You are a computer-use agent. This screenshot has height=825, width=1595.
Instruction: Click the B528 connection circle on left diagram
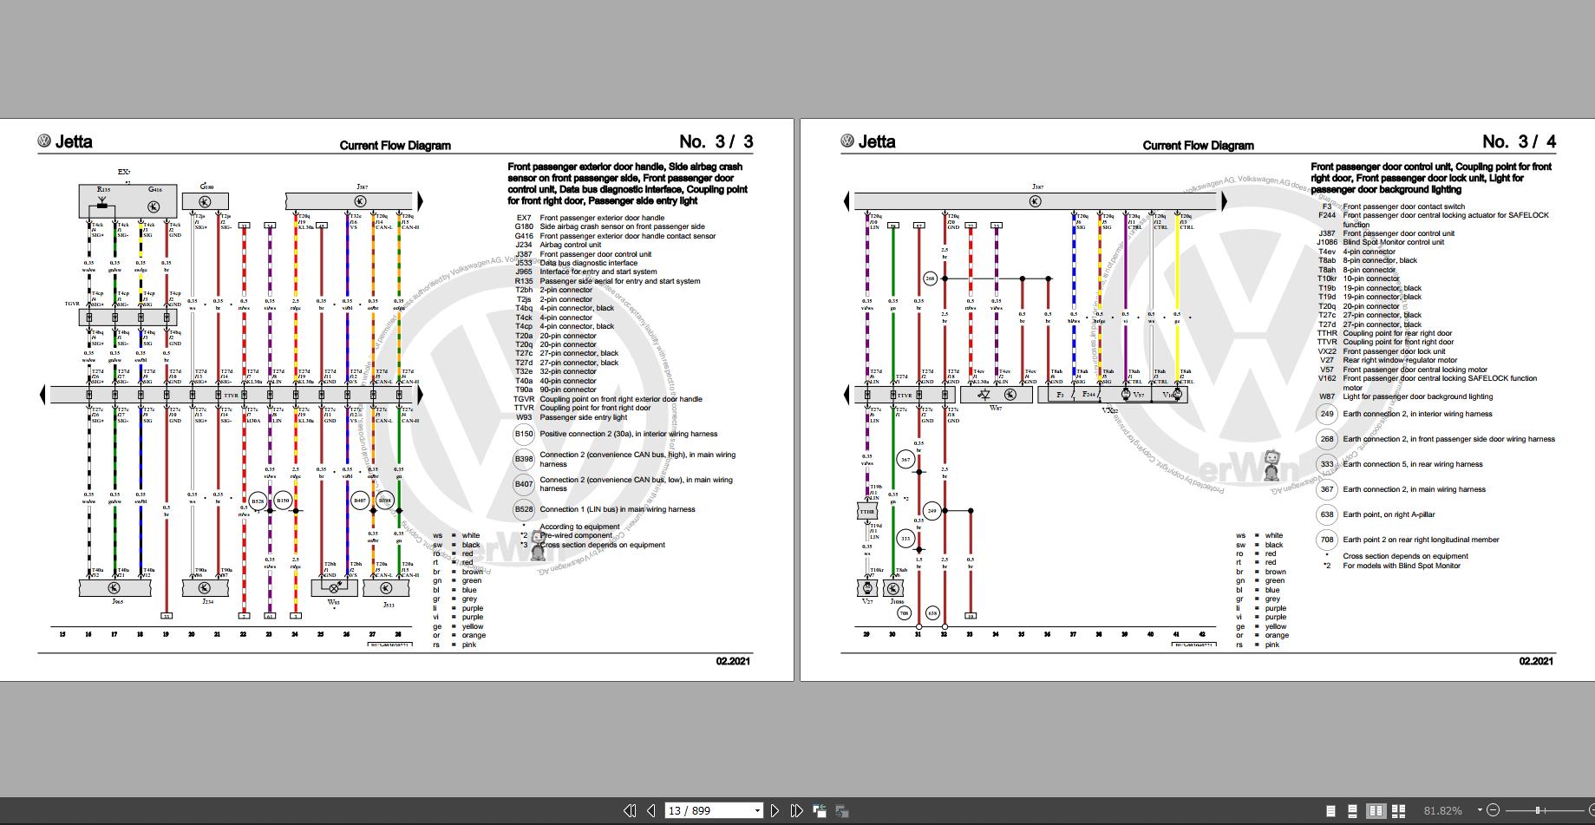258,501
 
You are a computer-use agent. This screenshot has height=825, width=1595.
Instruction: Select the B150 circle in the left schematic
283,501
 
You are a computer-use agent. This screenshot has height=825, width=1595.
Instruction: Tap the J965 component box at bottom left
114,588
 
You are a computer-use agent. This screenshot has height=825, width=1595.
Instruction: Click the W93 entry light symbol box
334,587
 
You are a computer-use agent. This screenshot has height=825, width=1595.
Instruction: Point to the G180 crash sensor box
206,201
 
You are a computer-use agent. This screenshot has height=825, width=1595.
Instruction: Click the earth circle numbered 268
931,278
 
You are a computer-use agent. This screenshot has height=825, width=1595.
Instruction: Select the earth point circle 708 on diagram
905,613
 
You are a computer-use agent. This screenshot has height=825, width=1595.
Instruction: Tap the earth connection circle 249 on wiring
932,511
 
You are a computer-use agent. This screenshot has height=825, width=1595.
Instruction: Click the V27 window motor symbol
867,588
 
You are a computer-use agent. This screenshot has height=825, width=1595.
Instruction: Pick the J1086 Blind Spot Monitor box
893,588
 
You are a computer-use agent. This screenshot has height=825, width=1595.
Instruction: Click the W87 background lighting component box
996,395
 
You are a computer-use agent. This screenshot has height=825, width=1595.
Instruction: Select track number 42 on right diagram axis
1202,634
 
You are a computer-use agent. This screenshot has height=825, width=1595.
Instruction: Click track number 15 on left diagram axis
62,634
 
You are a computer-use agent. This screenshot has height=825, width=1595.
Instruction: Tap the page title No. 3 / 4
1519,141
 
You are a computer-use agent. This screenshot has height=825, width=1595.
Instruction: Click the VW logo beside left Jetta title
44,141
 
